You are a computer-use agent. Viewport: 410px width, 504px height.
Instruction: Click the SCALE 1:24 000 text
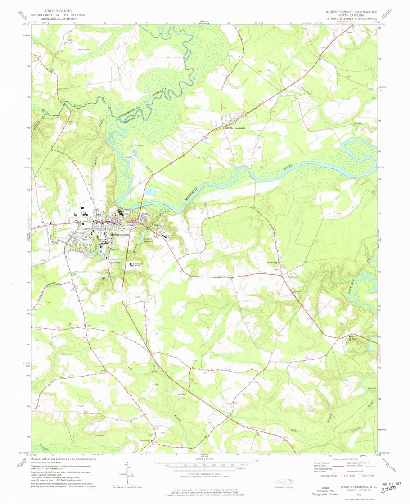tap(205, 459)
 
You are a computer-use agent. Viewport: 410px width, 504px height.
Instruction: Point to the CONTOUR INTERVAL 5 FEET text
tap(205, 474)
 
